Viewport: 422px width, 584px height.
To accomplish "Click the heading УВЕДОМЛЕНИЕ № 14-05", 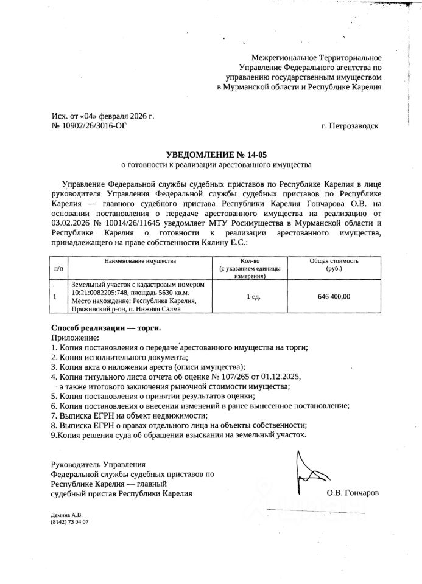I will [211, 155].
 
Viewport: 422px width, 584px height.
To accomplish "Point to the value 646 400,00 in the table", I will [334, 296].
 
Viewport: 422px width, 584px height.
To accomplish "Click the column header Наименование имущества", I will [139, 261].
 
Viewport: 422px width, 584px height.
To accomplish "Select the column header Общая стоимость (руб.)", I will [334, 265].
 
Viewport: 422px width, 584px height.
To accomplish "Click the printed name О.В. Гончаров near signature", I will [353, 493].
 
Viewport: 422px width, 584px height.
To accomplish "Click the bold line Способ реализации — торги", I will [107, 328].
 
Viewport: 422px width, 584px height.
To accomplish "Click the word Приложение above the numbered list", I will [74, 338].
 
